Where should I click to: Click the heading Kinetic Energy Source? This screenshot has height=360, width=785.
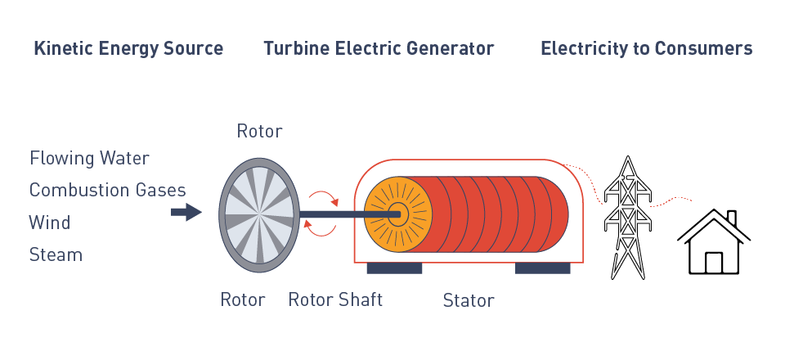coord(128,48)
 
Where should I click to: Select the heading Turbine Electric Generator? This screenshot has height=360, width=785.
coord(379,48)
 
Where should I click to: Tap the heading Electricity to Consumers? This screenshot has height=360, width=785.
coord(646,48)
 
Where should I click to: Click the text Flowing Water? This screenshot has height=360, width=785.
coord(89,157)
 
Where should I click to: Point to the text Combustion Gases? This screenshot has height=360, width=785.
coord(107,190)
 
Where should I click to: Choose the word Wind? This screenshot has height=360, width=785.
coord(50,223)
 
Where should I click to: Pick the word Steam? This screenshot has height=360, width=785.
coord(56,254)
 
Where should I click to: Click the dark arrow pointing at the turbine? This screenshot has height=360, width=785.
coord(186,213)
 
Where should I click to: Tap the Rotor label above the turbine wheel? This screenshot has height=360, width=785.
coord(259,131)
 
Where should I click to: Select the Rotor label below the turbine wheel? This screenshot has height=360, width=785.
coord(243,299)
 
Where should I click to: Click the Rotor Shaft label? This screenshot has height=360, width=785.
coord(335,299)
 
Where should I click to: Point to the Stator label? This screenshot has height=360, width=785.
coord(469,300)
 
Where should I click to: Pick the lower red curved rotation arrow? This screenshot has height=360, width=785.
coord(321,228)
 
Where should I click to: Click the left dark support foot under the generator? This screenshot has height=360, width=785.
coord(394,268)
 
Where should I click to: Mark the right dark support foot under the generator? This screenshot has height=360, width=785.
coord(542,268)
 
